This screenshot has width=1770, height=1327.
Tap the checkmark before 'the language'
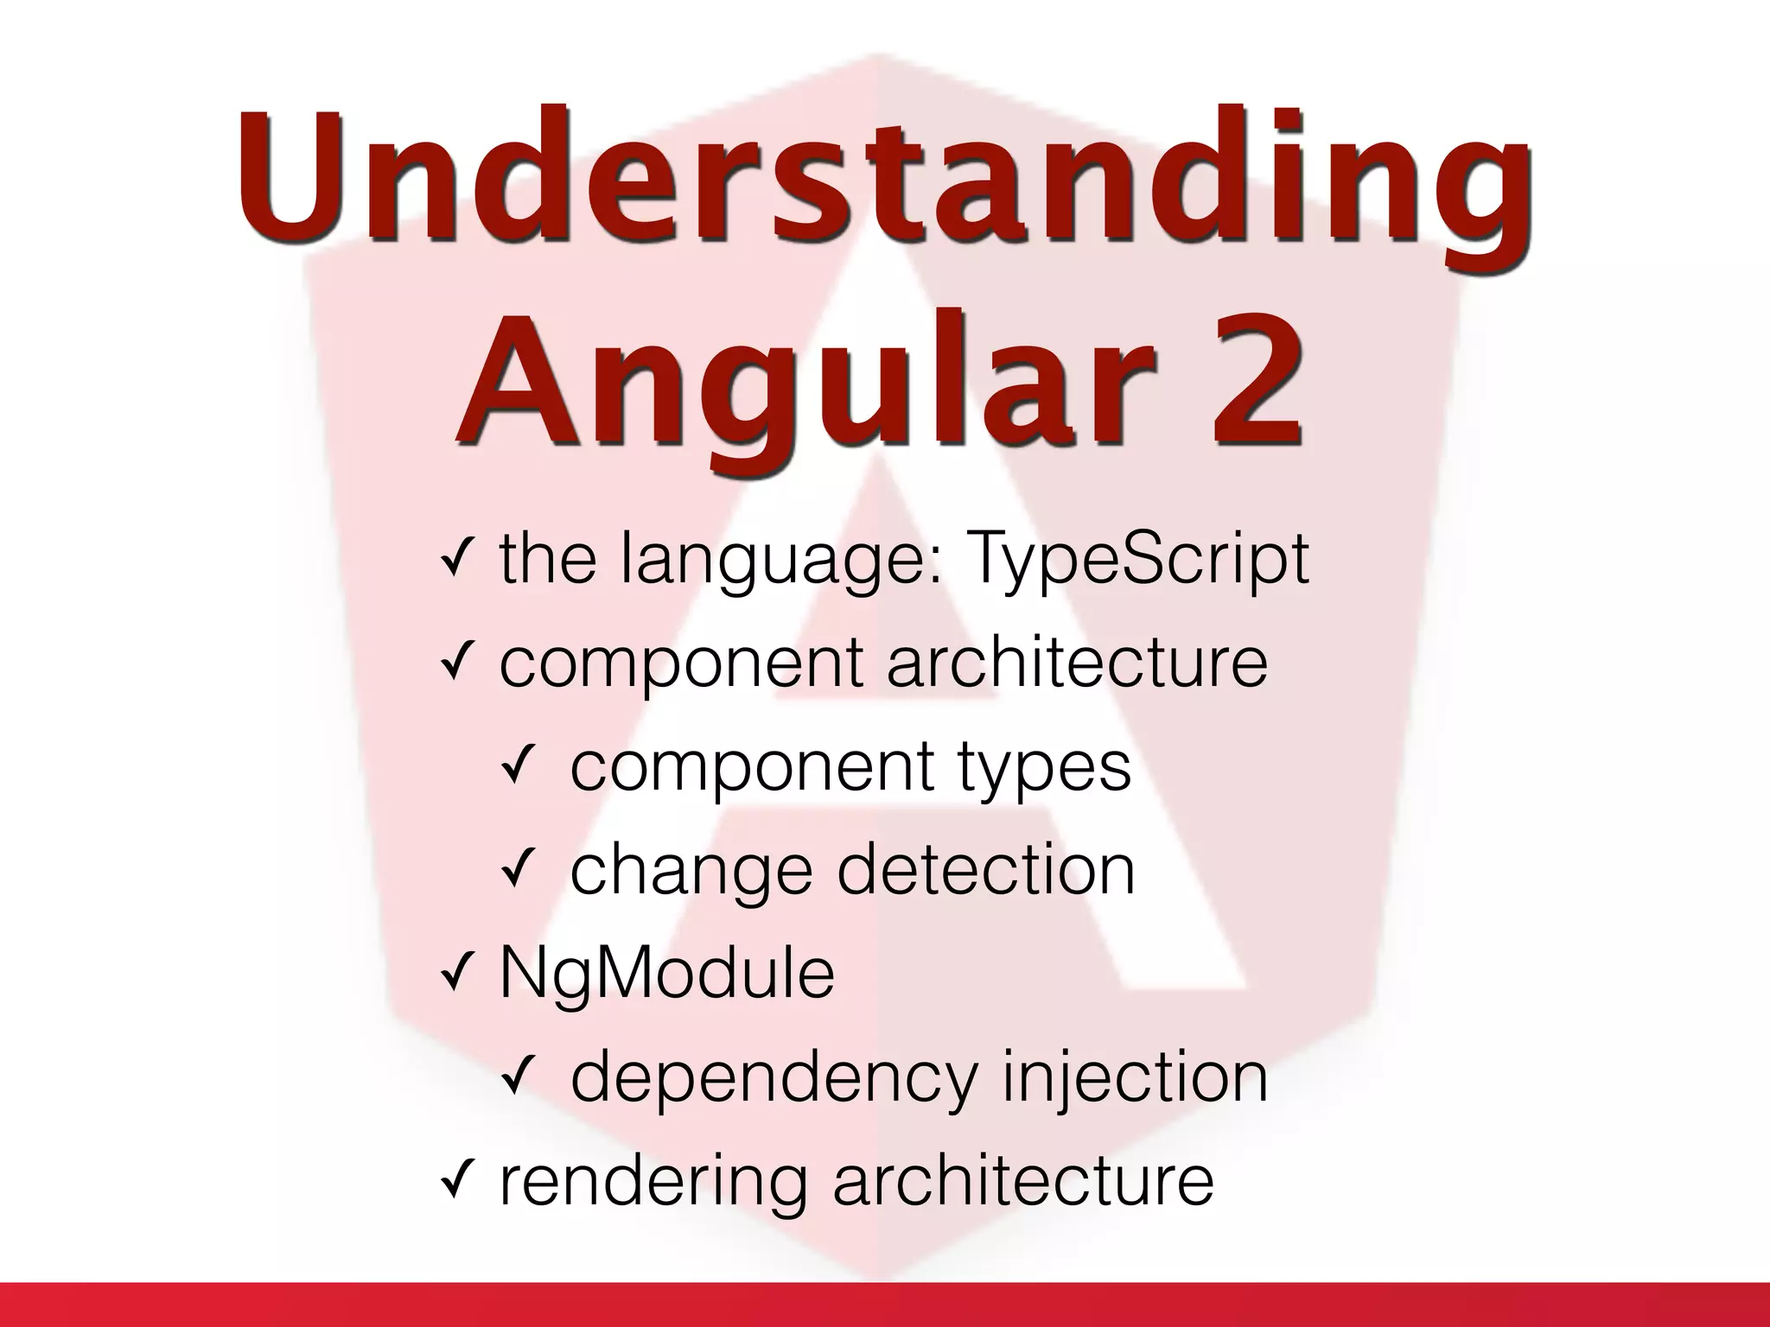point(455,559)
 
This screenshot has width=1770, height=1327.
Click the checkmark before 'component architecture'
point(455,663)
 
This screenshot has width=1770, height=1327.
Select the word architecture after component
point(1077,663)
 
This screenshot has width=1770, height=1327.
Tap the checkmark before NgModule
point(455,974)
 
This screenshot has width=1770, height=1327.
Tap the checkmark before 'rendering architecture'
point(455,1181)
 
